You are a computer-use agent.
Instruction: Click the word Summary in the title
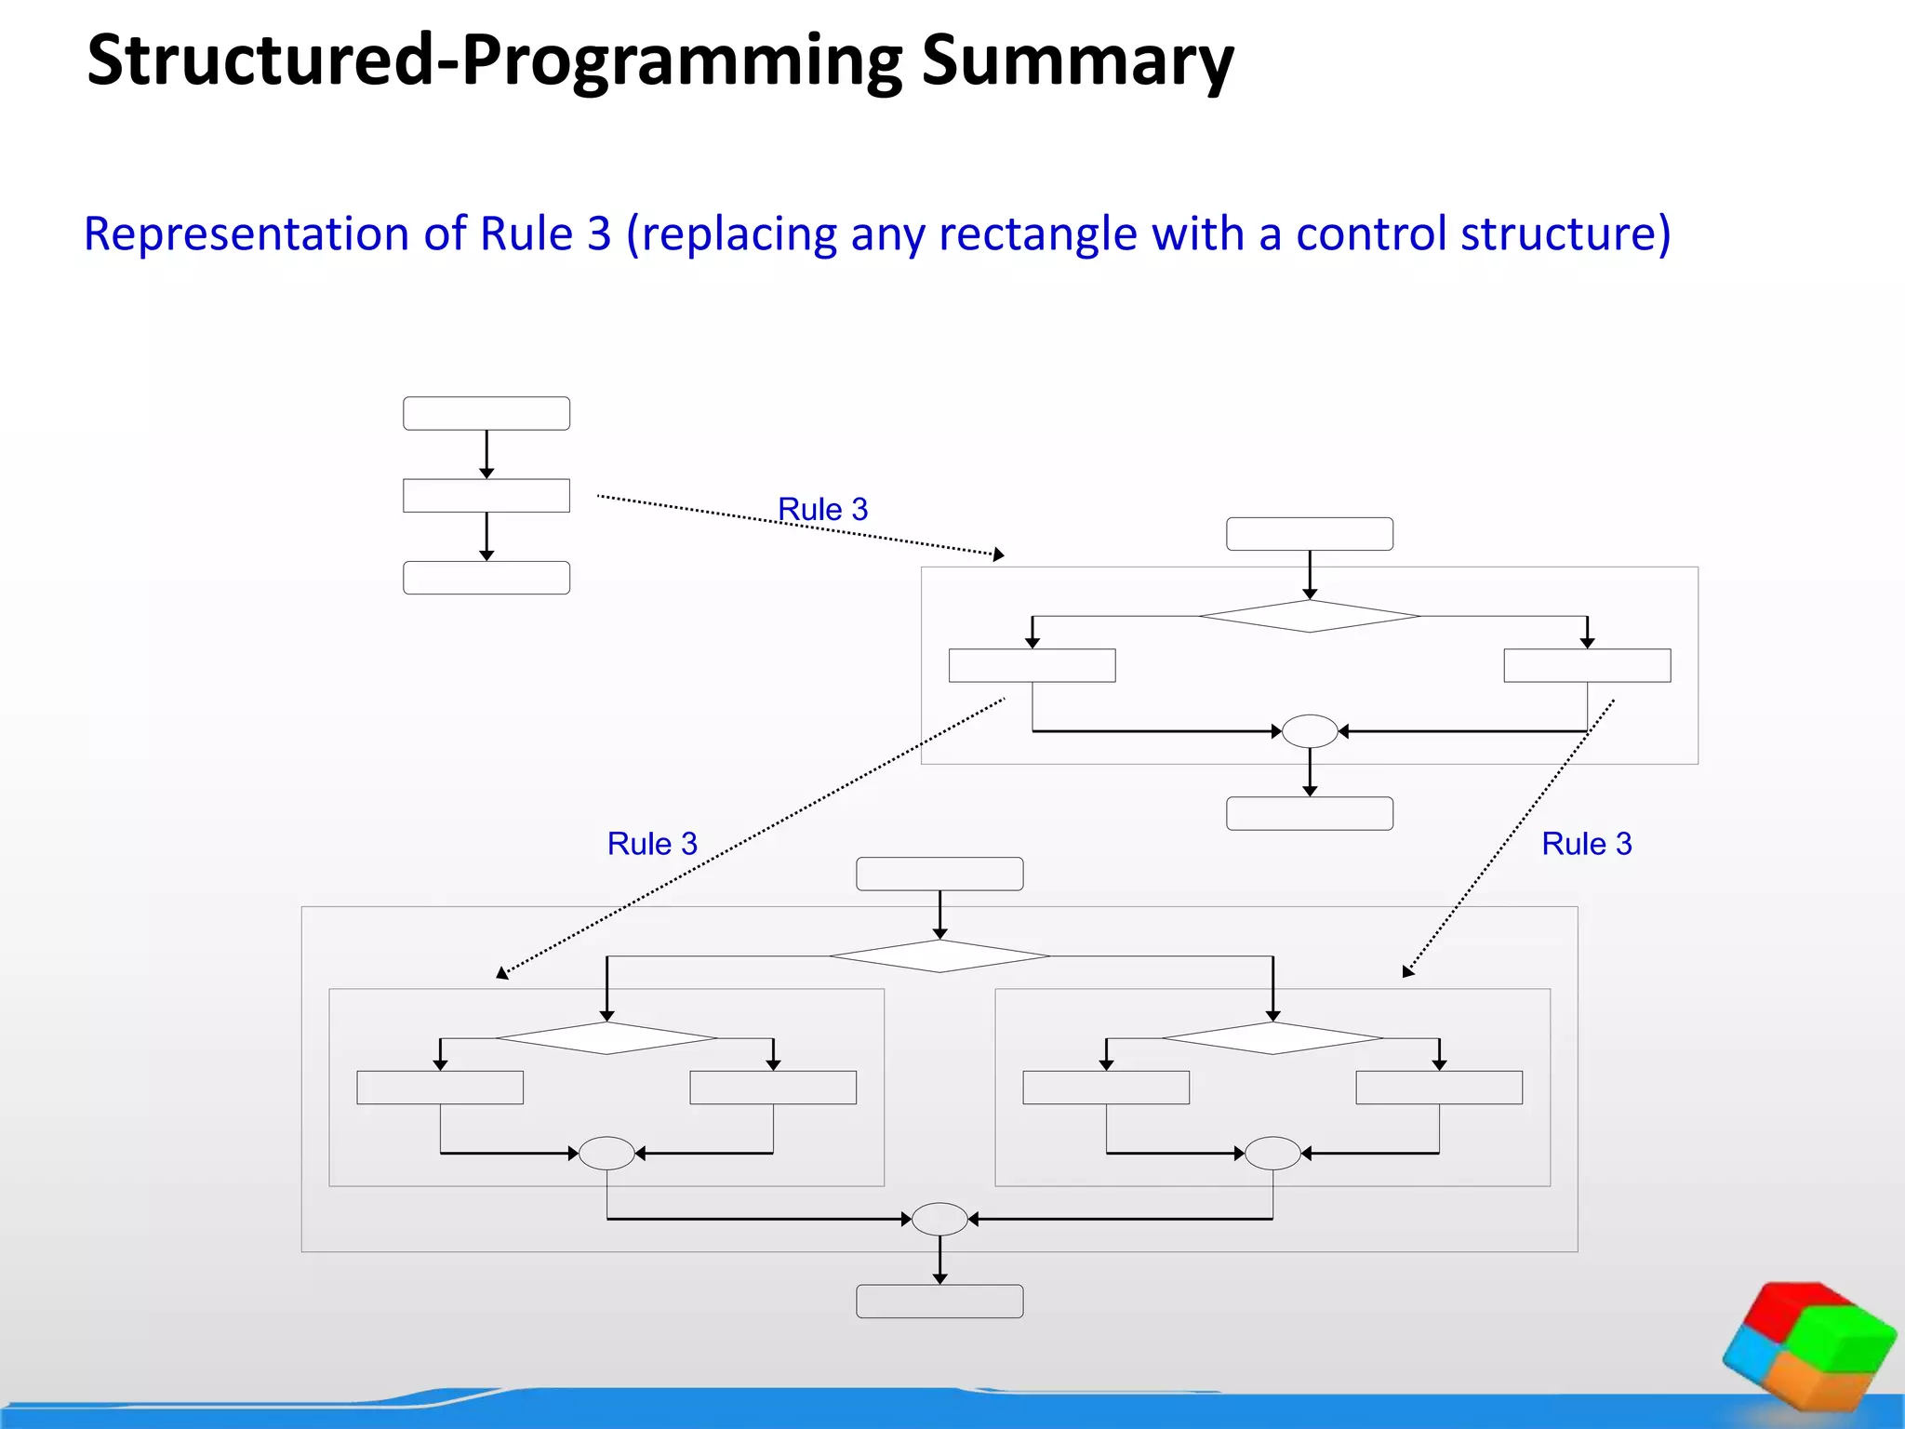coord(1076,61)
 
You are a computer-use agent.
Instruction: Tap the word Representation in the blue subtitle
coord(246,234)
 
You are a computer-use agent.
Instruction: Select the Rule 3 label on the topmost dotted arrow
coord(822,510)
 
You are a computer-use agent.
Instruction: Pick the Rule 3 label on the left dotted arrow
coord(652,844)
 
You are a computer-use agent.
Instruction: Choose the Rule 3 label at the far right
coord(1586,844)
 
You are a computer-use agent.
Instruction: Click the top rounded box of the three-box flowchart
coord(486,413)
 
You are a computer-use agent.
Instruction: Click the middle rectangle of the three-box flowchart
coord(486,495)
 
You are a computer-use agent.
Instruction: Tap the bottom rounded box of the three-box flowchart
coord(486,578)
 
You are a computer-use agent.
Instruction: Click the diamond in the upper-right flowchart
coord(1310,616)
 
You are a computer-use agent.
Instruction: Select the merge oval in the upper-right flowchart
coord(1310,731)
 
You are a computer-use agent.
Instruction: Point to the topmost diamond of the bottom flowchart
coord(939,955)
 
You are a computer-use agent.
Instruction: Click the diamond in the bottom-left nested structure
coord(606,1038)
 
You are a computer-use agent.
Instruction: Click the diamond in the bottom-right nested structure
coord(1272,1038)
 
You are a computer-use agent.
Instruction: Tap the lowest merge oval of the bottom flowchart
coord(939,1219)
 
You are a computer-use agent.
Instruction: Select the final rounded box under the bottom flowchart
coord(939,1302)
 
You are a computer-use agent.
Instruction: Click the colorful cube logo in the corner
coord(1808,1345)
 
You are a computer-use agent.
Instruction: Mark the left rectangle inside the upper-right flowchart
coord(1032,665)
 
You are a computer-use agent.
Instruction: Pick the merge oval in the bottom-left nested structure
coord(606,1154)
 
